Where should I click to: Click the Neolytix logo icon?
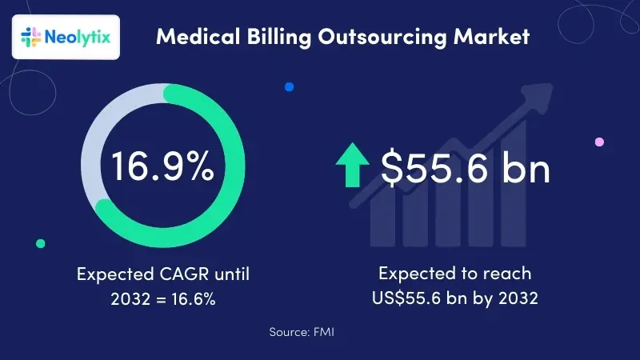click(x=30, y=37)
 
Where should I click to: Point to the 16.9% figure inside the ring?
click(x=162, y=166)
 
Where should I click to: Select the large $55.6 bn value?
click(x=465, y=168)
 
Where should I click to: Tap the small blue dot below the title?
click(x=289, y=86)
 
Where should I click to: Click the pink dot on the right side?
click(x=599, y=142)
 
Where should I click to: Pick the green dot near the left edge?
click(x=41, y=243)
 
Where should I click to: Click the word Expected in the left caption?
click(x=110, y=274)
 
